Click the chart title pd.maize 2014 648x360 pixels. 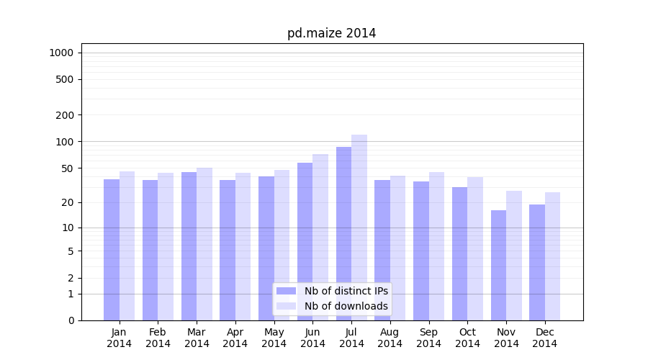pos(331,33)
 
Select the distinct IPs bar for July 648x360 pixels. pos(343,230)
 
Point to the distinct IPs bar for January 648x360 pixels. pos(112,249)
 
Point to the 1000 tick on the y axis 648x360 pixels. pos(61,53)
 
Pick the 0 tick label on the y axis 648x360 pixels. pos(71,320)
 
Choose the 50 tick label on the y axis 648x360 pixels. pos(67,168)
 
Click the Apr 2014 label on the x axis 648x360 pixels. pos(235,338)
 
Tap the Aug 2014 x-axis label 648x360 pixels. pos(390,338)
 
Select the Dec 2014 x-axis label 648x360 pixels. pos(545,338)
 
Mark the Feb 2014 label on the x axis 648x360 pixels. pos(158,338)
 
